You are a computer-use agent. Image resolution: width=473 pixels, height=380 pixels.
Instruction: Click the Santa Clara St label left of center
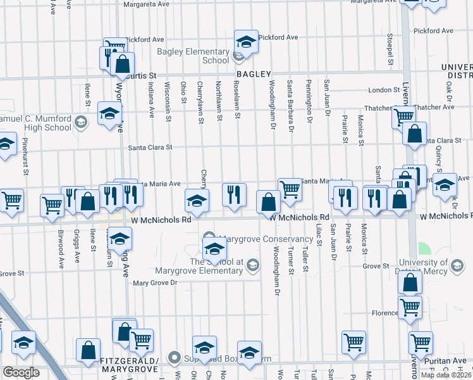(150, 148)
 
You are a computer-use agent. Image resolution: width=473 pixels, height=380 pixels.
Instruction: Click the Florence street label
(384, 313)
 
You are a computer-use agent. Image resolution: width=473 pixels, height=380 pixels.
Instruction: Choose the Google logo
(21, 372)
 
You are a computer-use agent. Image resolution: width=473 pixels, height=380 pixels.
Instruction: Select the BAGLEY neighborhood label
(254, 73)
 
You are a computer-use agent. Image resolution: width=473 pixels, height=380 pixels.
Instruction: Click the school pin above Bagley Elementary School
(245, 42)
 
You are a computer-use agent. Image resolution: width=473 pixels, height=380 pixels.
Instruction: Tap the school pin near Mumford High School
(109, 114)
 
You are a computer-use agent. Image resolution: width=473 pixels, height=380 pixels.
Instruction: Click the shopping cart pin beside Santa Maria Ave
(290, 188)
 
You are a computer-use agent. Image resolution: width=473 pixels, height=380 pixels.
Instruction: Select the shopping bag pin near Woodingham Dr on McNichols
(269, 202)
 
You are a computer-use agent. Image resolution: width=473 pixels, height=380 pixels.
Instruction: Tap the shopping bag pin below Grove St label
(410, 282)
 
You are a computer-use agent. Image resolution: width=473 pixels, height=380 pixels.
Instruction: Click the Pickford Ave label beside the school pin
(278, 37)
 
